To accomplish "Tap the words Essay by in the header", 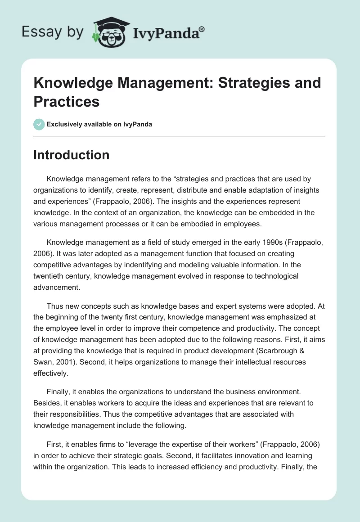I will click(53, 32).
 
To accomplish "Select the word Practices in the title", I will click(66, 102).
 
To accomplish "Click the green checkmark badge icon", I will click(39, 124).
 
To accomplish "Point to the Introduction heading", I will click(71, 155).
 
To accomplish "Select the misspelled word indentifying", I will click(178, 265).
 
